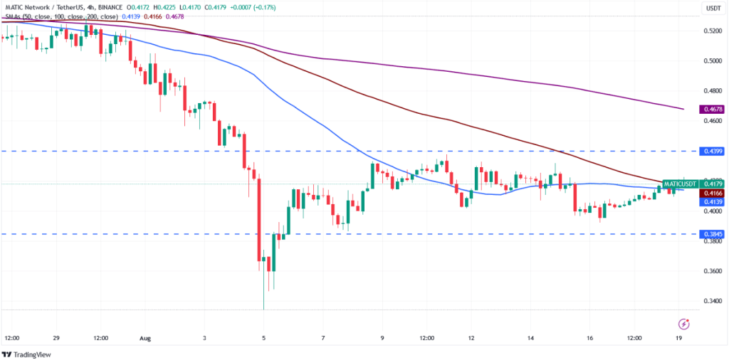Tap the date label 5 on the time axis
[264, 338]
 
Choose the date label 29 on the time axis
[56, 338]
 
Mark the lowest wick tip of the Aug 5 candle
[264, 309]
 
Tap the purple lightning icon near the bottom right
[684, 324]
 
